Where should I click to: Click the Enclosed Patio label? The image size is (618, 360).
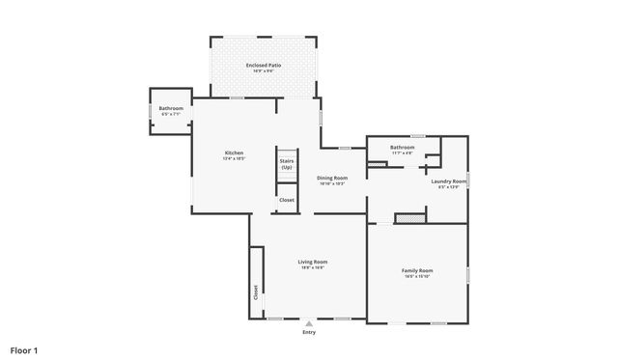point(264,65)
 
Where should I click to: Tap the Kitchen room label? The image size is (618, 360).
point(234,152)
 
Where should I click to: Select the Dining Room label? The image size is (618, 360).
point(333,178)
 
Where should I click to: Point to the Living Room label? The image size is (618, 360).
point(312,262)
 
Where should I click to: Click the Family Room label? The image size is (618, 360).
point(417,270)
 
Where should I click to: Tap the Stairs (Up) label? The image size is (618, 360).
point(287,165)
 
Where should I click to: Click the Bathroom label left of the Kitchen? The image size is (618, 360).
point(171,108)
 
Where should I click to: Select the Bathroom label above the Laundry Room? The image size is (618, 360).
point(402,147)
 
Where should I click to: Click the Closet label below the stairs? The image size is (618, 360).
point(287,200)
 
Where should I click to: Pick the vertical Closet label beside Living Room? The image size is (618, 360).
point(256,291)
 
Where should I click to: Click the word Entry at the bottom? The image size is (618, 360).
point(309,333)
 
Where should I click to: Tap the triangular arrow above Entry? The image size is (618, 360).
point(309,323)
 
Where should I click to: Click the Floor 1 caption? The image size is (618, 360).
point(23,349)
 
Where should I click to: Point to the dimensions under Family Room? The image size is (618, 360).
point(417,276)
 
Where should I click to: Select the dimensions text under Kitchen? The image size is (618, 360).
point(234,158)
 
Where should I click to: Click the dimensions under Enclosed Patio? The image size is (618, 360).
point(264,70)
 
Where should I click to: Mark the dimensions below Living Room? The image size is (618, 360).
point(312,267)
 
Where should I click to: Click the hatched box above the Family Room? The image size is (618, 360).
point(410,219)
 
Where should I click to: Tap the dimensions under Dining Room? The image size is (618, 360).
point(333,183)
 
